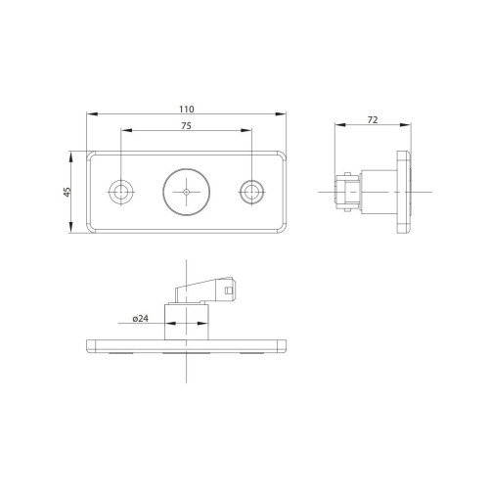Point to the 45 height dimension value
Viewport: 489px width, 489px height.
pyautogui.click(x=67, y=192)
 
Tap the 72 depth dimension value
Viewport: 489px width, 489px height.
pyautogui.click(x=372, y=119)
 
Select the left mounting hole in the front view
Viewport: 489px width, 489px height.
pyautogui.click(x=121, y=191)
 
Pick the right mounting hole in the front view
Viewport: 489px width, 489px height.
pyautogui.click(x=251, y=191)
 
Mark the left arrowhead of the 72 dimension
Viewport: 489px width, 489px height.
pyautogui.click(x=336, y=126)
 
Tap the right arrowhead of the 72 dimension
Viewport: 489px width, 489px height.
pyautogui.click(x=410, y=126)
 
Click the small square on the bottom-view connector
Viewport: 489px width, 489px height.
pyautogui.click(x=229, y=289)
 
